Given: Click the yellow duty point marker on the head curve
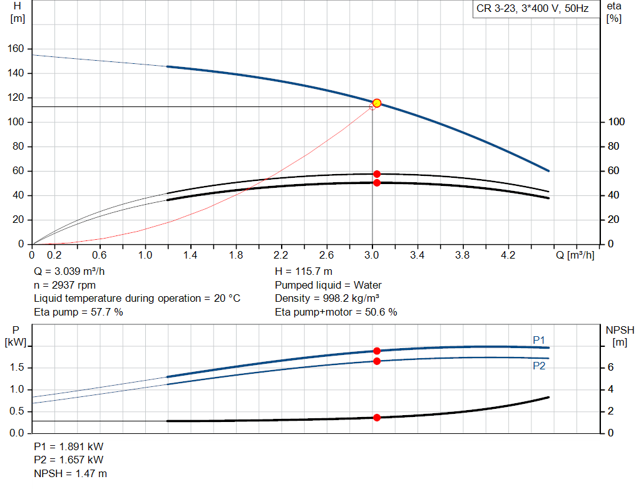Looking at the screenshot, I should point(377,103).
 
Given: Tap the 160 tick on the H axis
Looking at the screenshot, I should point(17,49).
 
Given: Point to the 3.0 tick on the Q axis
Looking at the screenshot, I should point(372,255).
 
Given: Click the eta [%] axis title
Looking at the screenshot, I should point(613,12).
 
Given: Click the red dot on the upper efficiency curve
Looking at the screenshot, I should point(377,174).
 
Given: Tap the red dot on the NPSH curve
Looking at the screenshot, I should point(377,418).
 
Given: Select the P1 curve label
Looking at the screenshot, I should point(539,340).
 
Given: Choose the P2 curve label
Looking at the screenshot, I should point(539,366).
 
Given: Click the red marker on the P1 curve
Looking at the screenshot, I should point(377,351).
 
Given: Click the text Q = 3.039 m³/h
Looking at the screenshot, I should point(69,272).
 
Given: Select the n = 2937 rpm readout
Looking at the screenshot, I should point(65,285).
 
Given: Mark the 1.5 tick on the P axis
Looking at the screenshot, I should point(16,368).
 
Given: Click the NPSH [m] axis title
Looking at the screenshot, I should point(620,336).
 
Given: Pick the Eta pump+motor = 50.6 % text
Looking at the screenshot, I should point(336,312).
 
